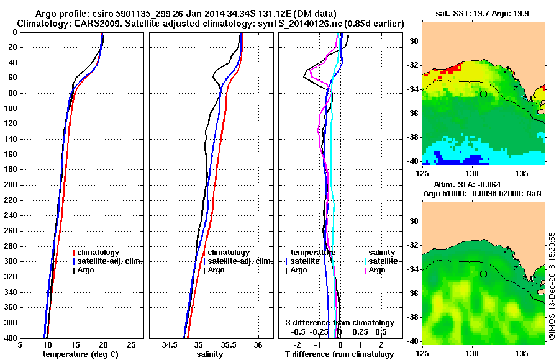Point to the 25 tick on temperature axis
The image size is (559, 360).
pyautogui.click(x=131, y=345)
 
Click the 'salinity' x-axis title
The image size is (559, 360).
pyautogui.click(x=211, y=354)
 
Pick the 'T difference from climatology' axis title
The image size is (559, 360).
pyautogui.click(x=339, y=354)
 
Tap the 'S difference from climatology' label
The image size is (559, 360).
pyautogui.click(x=339, y=323)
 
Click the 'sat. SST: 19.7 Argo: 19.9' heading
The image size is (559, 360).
pyautogui.click(x=482, y=14)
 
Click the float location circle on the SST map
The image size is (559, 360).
pyautogui.click(x=483, y=94)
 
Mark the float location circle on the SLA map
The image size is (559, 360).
pyautogui.click(x=483, y=274)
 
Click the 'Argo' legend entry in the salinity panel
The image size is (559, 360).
pyautogui.click(x=216, y=270)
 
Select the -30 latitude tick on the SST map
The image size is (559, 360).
pyautogui.click(x=410, y=42)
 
